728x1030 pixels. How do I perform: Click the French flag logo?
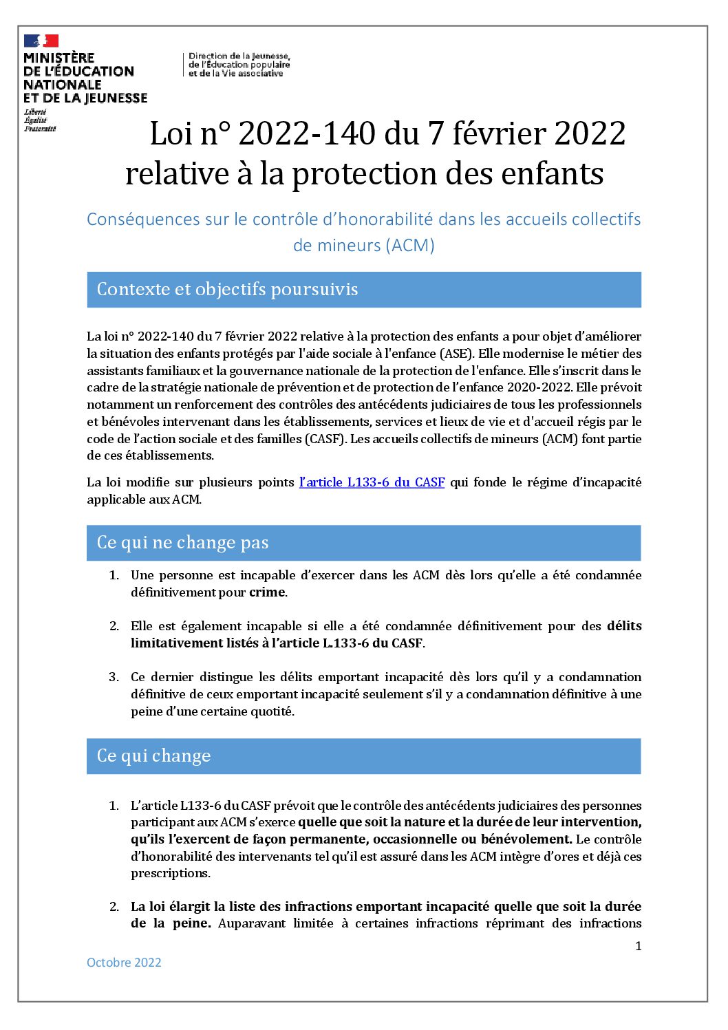41,41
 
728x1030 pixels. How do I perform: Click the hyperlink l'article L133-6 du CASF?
372,482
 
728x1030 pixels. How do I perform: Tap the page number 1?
638,946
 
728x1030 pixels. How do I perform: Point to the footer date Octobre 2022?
124,963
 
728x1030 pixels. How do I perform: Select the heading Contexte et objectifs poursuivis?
227,289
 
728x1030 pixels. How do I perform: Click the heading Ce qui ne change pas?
182,543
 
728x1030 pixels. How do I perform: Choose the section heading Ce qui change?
153,756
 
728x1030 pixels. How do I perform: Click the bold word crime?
266,592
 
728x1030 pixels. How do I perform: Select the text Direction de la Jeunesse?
239,56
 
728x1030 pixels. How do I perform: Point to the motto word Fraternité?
40,129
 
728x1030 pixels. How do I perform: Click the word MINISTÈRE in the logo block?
58,58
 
